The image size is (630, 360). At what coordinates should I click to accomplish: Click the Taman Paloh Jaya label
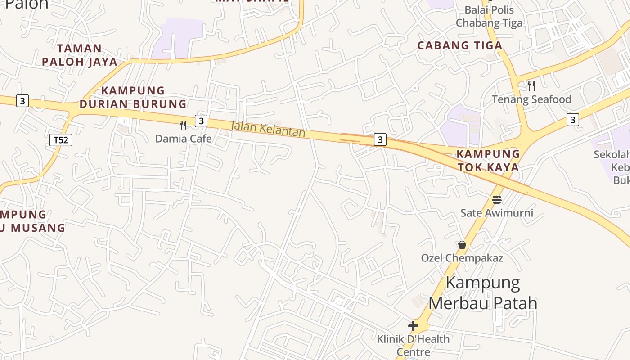point(80,55)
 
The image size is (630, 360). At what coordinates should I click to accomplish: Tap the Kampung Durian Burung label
point(133,97)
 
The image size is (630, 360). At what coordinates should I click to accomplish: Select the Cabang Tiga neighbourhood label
point(460,45)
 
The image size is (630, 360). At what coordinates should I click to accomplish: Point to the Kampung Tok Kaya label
point(488,161)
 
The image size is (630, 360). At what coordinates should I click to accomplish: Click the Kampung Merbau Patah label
point(483,293)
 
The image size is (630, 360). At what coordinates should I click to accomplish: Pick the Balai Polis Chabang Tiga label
point(489,16)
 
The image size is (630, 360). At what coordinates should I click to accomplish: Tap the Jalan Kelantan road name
point(268,129)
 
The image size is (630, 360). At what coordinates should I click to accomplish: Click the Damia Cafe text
point(183,139)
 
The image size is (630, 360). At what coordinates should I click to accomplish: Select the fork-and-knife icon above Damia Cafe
point(183,126)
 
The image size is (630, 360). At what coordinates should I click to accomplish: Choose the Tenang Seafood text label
point(531,99)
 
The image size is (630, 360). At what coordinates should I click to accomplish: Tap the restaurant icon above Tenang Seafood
point(531,85)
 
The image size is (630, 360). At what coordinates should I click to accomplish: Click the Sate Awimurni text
point(497,212)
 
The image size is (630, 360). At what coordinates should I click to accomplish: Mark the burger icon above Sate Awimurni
point(497,199)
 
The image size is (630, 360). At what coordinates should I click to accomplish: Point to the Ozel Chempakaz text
point(462,258)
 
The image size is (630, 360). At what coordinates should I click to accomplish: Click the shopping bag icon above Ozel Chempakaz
point(462,245)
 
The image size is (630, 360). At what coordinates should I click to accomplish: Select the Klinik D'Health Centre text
point(413,345)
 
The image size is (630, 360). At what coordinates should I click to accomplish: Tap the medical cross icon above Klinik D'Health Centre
point(413,325)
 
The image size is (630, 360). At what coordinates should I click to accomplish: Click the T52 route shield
point(61,140)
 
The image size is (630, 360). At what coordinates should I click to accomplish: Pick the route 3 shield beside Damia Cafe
point(201,121)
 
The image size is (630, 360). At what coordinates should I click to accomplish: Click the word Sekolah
point(612,154)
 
